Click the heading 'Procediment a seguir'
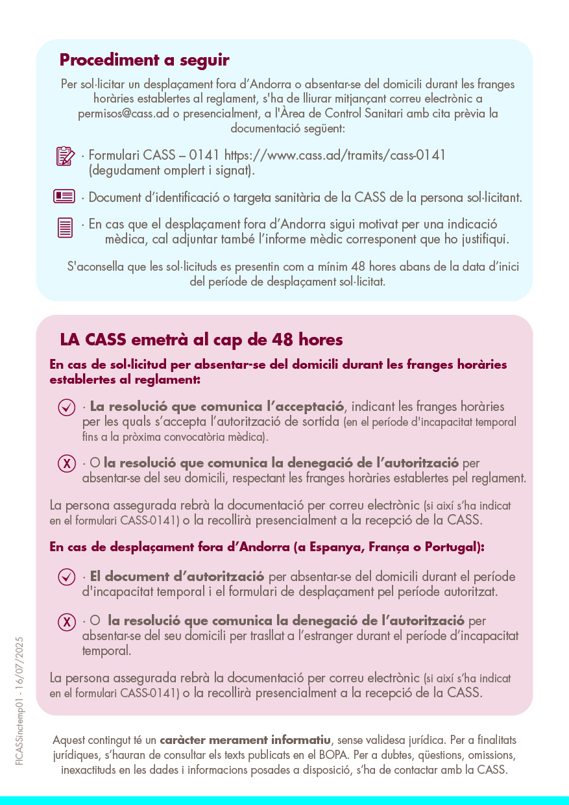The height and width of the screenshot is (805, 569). point(144,60)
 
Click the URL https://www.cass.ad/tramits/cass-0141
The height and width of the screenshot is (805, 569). point(335,156)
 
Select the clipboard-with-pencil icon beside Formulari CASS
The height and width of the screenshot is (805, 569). point(65,156)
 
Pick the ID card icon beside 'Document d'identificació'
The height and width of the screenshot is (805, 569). point(64,196)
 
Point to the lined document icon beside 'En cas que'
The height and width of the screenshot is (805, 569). point(65,227)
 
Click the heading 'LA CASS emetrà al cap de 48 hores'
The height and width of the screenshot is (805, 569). point(201,340)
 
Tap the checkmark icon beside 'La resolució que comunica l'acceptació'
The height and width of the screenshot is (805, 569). point(66,407)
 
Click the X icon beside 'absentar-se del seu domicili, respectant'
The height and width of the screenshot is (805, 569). point(66,464)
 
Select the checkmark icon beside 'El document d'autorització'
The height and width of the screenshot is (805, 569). point(66,576)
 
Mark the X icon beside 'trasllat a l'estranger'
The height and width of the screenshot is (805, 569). point(66,622)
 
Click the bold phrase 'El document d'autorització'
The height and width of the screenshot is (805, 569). point(177,576)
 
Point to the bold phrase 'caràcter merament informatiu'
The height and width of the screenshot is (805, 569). point(245,740)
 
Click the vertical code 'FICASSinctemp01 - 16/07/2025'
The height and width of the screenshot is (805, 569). point(20,701)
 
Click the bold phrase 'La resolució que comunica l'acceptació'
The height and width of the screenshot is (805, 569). point(217,407)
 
